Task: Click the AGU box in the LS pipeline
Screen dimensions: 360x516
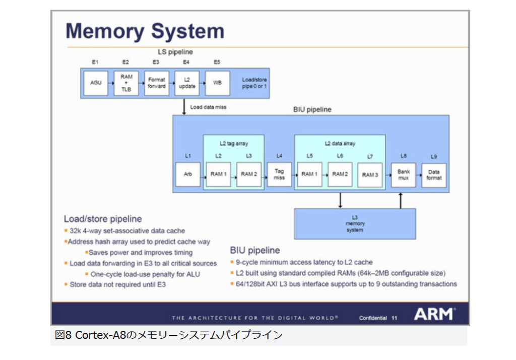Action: pyautogui.click(x=96, y=82)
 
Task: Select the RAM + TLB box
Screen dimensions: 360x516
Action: pyautogui.click(x=126, y=83)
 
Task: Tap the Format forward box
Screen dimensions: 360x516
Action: pyautogui.click(x=156, y=83)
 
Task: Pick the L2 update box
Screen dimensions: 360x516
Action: pyautogui.click(x=187, y=83)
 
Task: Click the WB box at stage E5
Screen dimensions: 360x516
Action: pyautogui.click(x=217, y=83)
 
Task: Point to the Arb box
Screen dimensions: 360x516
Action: pyautogui.click(x=187, y=174)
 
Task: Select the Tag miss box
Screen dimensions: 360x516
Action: pyautogui.click(x=279, y=174)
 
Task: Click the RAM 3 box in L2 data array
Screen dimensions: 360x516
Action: pyautogui.click(x=370, y=174)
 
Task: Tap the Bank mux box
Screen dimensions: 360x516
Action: pyautogui.click(x=403, y=174)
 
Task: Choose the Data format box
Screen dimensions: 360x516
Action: pyautogui.click(x=434, y=174)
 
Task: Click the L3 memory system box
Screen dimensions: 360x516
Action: pyautogui.click(x=355, y=223)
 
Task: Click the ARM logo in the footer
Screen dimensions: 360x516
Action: pyautogui.click(x=434, y=314)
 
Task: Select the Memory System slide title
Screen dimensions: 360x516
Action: pyautogui.click(x=145, y=31)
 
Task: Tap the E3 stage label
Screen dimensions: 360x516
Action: pyautogui.click(x=156, y=62)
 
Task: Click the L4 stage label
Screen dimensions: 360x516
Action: pyautogui.click(x=279, y=156)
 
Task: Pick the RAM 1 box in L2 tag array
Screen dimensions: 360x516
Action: pyautogui.click(x=218, y=174)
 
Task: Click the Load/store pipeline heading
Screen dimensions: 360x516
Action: pyautogui.click(x=103, y=219)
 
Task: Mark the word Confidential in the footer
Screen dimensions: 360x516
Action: pyautogui.click(x=373, y=318)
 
